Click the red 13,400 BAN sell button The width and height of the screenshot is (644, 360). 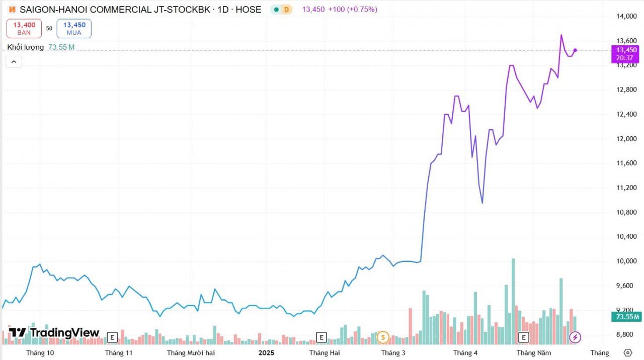click(x=24, y=28)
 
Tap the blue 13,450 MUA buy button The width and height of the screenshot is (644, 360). click(x=74, y=28)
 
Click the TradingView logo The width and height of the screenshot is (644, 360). click(x=54, y=332)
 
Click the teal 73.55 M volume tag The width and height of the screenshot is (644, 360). click(x=626, y=317)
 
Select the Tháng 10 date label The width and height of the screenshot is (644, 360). click(x=40, y=353)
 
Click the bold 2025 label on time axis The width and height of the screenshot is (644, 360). click(x=266, y=353)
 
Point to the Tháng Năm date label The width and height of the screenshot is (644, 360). click(x=534, y=353)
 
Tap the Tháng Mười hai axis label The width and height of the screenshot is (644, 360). click(x=191, y=353)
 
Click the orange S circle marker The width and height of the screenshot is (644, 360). click(x=383, y=337)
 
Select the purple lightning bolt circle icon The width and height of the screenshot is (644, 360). click(x=575, y=337)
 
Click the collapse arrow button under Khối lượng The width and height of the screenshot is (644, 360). click(x=14, y=62)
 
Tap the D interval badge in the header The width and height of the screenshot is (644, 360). click(x=286, y=10)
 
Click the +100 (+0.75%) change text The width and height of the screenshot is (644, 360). click(x=352, y=10)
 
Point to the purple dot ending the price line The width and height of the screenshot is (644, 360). click(x=575, y=50)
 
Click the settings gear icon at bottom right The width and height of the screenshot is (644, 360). click(x=627, y=352)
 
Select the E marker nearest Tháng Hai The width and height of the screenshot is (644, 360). click(x=321, y=337)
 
